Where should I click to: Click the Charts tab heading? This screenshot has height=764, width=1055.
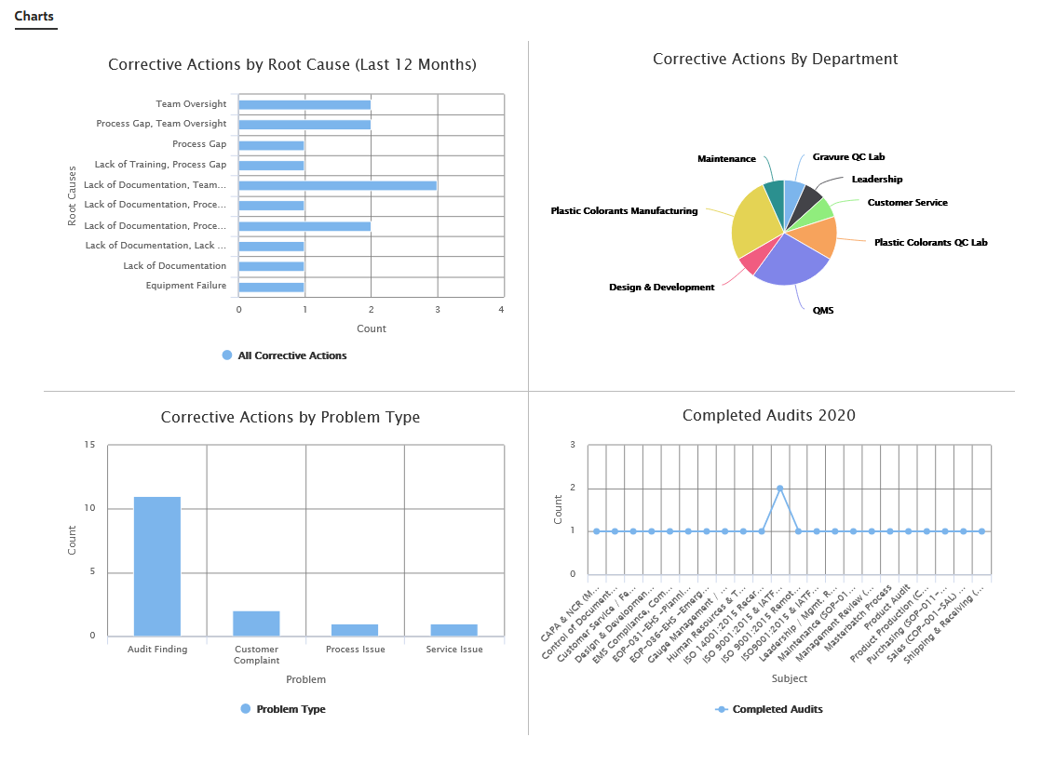click(35, 17)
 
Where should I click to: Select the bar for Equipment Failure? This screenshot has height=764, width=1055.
click(271, 287)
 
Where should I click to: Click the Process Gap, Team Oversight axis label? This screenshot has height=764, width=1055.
click(161, 124)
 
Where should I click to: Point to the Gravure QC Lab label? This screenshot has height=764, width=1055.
click(848, 157)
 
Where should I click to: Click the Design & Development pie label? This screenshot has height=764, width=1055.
click(661, 288)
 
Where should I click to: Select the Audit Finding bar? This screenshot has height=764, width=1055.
click(157, 567)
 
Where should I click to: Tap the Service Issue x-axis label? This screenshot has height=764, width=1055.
click(454, 650)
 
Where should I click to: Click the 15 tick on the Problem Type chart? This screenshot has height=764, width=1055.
click(89, 445)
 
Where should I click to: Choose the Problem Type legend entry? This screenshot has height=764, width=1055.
click(291, 709)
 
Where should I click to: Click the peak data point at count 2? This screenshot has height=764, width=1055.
click(779, 488)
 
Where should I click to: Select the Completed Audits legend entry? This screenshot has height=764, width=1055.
click(777, 709)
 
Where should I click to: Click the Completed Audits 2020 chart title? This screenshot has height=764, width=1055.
click(768, 415)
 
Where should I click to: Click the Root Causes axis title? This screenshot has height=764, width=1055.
click(72, 196)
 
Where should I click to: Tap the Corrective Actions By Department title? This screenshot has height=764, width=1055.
click(775, 59)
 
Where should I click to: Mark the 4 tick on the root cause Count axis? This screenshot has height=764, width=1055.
click(502, 309)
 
